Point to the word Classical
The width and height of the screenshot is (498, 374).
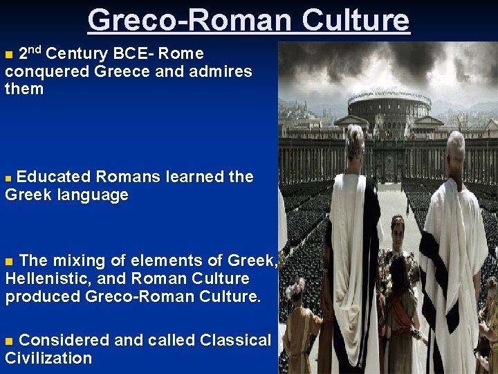[235, 340]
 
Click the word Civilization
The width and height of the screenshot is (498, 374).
[48, 358]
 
